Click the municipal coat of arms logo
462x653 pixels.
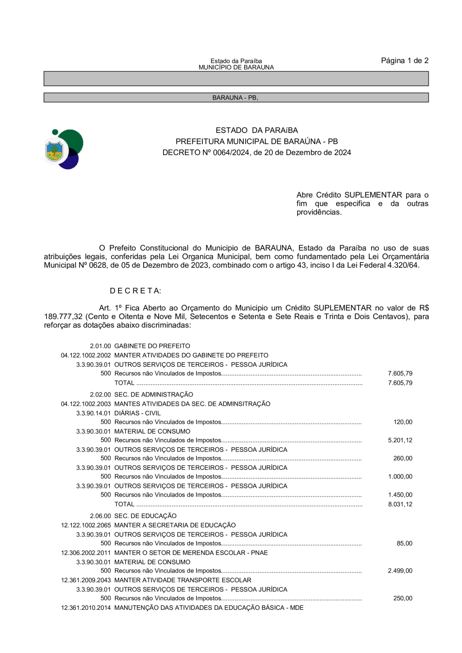click(64, 149)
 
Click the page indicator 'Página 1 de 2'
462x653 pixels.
click(405, 61)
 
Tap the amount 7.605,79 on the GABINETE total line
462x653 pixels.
click(400, 383)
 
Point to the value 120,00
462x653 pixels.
click(402, 422)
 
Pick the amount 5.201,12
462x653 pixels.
click(400, 440)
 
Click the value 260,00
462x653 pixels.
click(402, 458)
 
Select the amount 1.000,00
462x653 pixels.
click(400, 477)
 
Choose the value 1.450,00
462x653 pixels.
click(400, 494)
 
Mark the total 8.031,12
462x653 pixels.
click(400, 504)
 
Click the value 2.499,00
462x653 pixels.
click(400, 570)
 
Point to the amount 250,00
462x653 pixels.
click(402, 598)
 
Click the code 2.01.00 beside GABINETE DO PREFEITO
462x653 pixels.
click(100, 346)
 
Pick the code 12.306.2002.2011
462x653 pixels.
click(86, 552)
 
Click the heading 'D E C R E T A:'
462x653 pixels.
click(136, 291)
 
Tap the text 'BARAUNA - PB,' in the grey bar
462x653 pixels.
click(236, 97)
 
